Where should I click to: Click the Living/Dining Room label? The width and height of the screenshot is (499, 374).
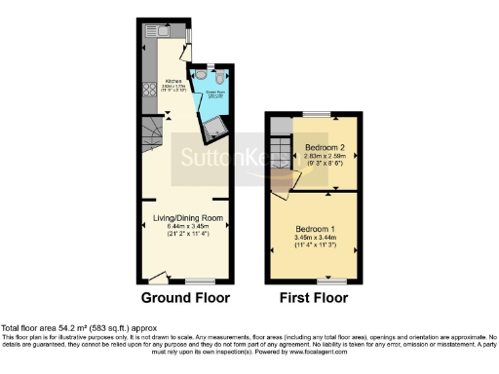188,217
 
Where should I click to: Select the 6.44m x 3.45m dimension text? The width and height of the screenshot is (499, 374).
188,226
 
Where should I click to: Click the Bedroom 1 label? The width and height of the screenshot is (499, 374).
316,228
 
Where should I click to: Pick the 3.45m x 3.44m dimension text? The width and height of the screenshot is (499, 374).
316,237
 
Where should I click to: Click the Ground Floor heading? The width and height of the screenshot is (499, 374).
185,298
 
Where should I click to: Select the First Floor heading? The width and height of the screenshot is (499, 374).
313,298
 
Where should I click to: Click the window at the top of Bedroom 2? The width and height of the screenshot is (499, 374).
314,117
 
